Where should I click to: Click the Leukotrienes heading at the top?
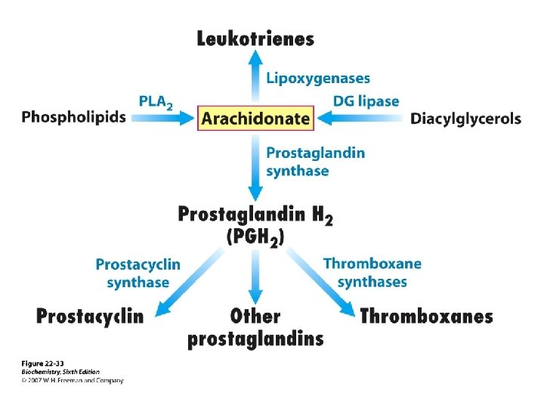[255, 39]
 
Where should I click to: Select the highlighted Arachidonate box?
[255, 119]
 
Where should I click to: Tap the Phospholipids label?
[74, 117]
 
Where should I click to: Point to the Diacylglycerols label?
[465, 119]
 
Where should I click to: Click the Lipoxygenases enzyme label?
[318, 78]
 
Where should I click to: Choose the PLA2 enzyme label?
[156, 101]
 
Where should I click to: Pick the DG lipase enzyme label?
[366, 100]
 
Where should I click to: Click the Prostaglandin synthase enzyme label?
[315, 162]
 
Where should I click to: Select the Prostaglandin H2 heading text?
[255, 215]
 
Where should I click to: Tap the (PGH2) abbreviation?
[255, 237]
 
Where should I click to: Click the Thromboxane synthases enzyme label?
[372, 273]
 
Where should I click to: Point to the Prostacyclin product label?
[90, 316]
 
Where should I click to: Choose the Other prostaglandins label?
[255, 327]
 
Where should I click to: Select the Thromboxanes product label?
[426, 316]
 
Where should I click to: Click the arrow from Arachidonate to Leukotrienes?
[255, 79]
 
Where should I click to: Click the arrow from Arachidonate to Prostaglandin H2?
[255, 166]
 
